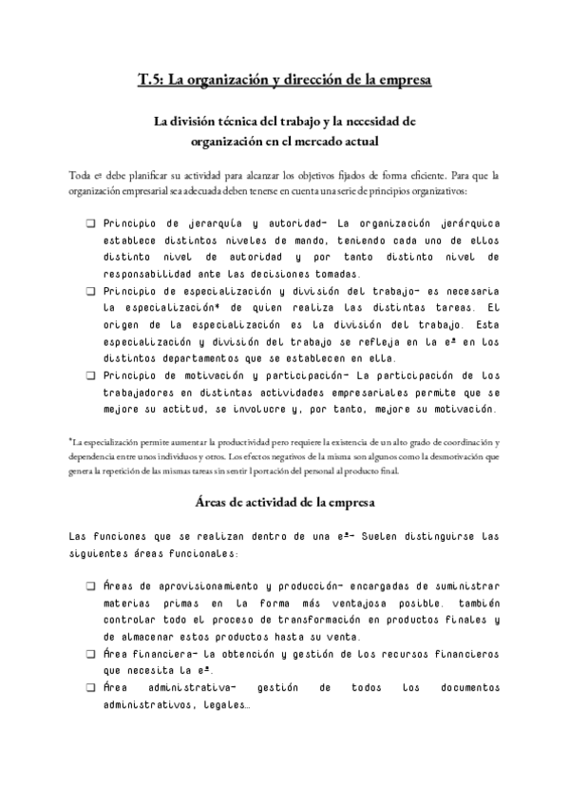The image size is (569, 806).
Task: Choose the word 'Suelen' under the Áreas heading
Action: [359, 536]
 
